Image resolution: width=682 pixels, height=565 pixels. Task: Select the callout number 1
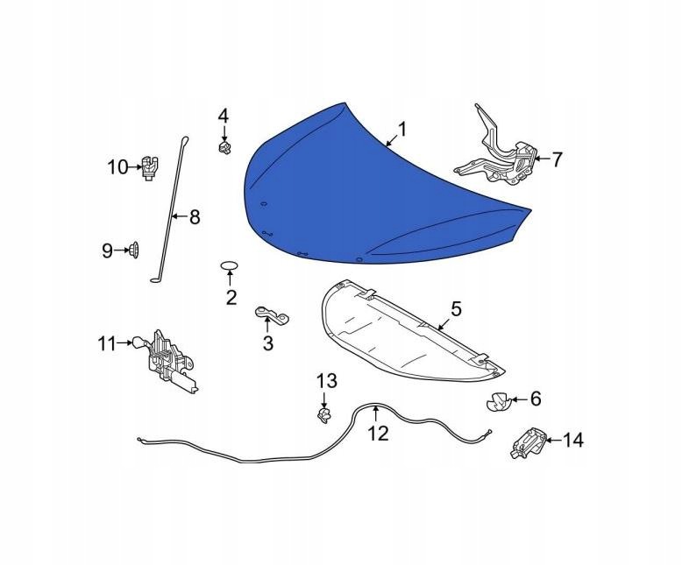402,129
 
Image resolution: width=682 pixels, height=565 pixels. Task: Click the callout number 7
558,159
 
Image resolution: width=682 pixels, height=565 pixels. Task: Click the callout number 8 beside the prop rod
194,216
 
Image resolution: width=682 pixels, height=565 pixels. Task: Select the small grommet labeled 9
133,251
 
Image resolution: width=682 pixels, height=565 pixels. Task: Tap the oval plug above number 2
230,265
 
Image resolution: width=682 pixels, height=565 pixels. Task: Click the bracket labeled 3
272,314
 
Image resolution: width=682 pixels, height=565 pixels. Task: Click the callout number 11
107,343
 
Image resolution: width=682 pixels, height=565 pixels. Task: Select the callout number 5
456,309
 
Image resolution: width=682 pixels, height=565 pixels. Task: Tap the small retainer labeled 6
497,400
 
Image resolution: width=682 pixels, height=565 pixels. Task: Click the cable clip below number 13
324,415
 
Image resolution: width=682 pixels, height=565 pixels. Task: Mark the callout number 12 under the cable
378,433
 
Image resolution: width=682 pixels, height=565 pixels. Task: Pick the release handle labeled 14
528,442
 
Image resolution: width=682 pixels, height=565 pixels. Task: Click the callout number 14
573,441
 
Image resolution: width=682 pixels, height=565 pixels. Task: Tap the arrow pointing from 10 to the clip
135,167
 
